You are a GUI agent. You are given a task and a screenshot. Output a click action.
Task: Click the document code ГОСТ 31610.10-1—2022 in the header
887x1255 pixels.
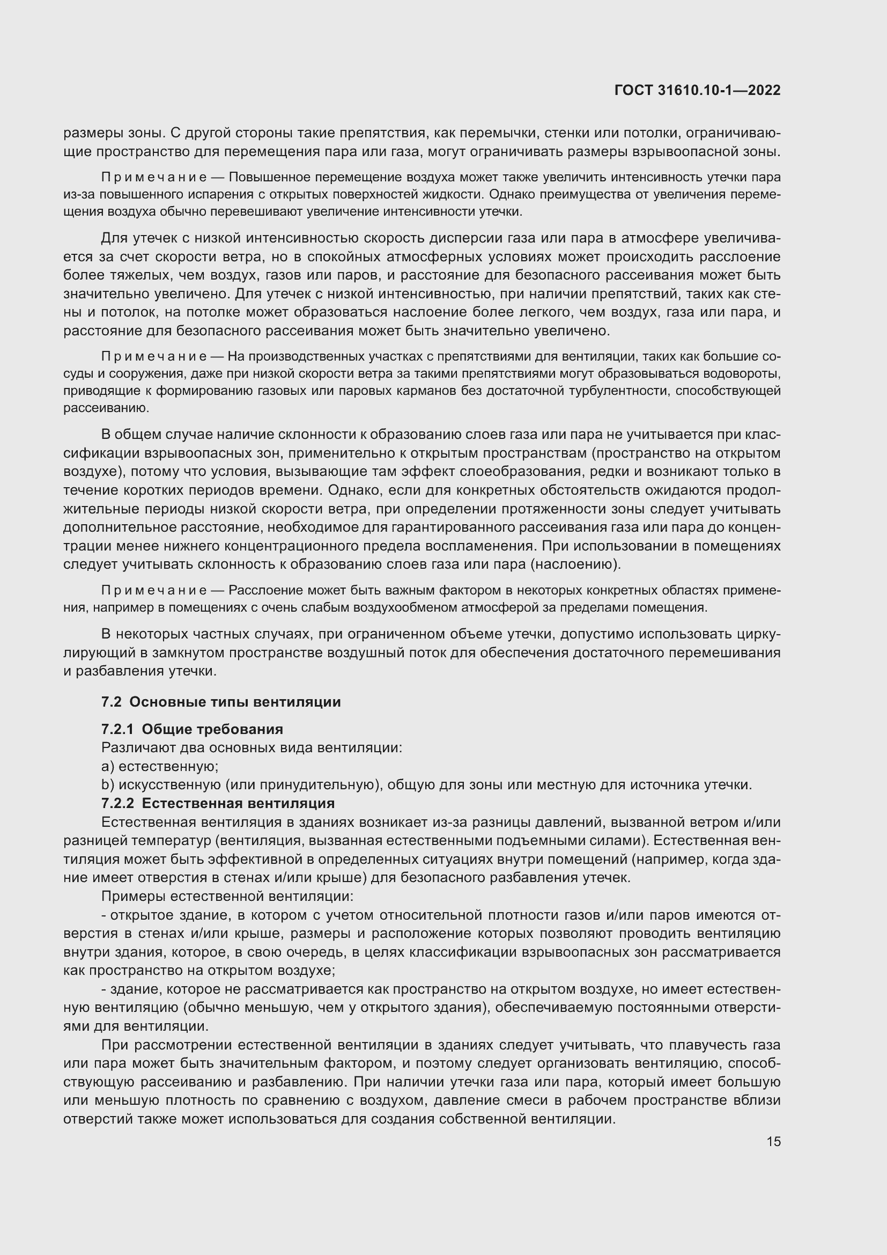[x=697, y=91]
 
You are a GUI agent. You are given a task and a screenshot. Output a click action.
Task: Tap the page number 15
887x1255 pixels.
[x=773, y=1141]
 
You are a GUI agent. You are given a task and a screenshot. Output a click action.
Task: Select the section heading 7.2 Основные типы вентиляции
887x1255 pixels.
[x=220, y=702]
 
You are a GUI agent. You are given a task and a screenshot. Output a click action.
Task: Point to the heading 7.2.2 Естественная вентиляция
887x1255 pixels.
[x=217, y=804]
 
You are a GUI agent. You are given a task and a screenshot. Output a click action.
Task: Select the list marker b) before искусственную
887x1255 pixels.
[x=107, y=785]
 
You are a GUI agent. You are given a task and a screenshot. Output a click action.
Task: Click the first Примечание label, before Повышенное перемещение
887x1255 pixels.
[x=153, y=177]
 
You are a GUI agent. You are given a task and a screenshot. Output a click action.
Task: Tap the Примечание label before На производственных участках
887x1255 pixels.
[x=153, y=357]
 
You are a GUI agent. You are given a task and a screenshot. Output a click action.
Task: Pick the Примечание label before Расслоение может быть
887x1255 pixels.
[x=153, y=590]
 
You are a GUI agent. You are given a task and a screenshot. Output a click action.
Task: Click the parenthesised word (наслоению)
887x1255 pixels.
[x=575, y=564]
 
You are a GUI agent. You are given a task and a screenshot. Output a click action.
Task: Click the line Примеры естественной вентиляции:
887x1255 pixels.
[x=227, y=897]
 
